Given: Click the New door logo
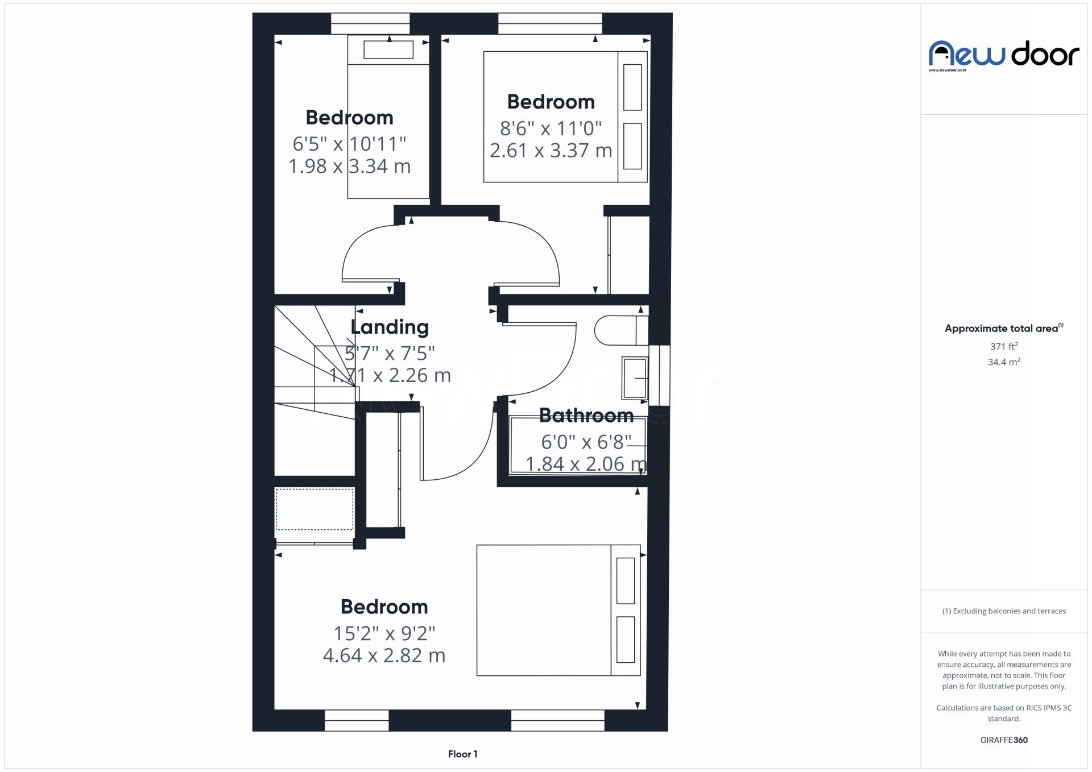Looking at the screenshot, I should pos(1003,54).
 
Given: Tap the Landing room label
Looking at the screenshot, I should pos(390,327).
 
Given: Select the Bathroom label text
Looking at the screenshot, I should pos(586,416).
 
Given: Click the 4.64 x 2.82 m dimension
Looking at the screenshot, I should pos(384,655).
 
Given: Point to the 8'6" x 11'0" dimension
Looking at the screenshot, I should pos(551,128).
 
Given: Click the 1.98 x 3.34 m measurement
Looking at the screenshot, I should pos(349,166).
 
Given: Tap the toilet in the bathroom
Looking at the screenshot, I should pos(620,330).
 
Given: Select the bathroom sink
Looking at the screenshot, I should pos(635,378).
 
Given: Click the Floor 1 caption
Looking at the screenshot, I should pos(462,754).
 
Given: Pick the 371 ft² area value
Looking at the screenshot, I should pos(1003,346).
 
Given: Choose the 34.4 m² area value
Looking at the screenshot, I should pos(1003,362).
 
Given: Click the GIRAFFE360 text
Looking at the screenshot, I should pos(1004,740).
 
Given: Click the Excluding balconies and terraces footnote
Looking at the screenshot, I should pos(1004,611).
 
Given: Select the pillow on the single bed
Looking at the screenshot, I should pos(388,49).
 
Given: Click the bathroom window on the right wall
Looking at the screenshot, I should pos(659,375).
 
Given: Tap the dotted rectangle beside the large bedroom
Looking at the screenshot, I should pos(315,509).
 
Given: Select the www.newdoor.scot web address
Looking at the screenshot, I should pos(947,70).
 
